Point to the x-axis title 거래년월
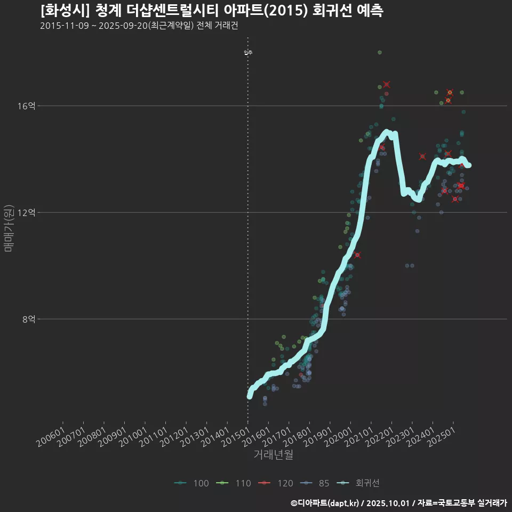[x=273, y=455]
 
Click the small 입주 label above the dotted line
[x=248, y=52]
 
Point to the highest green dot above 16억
[x=380, y=52]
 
